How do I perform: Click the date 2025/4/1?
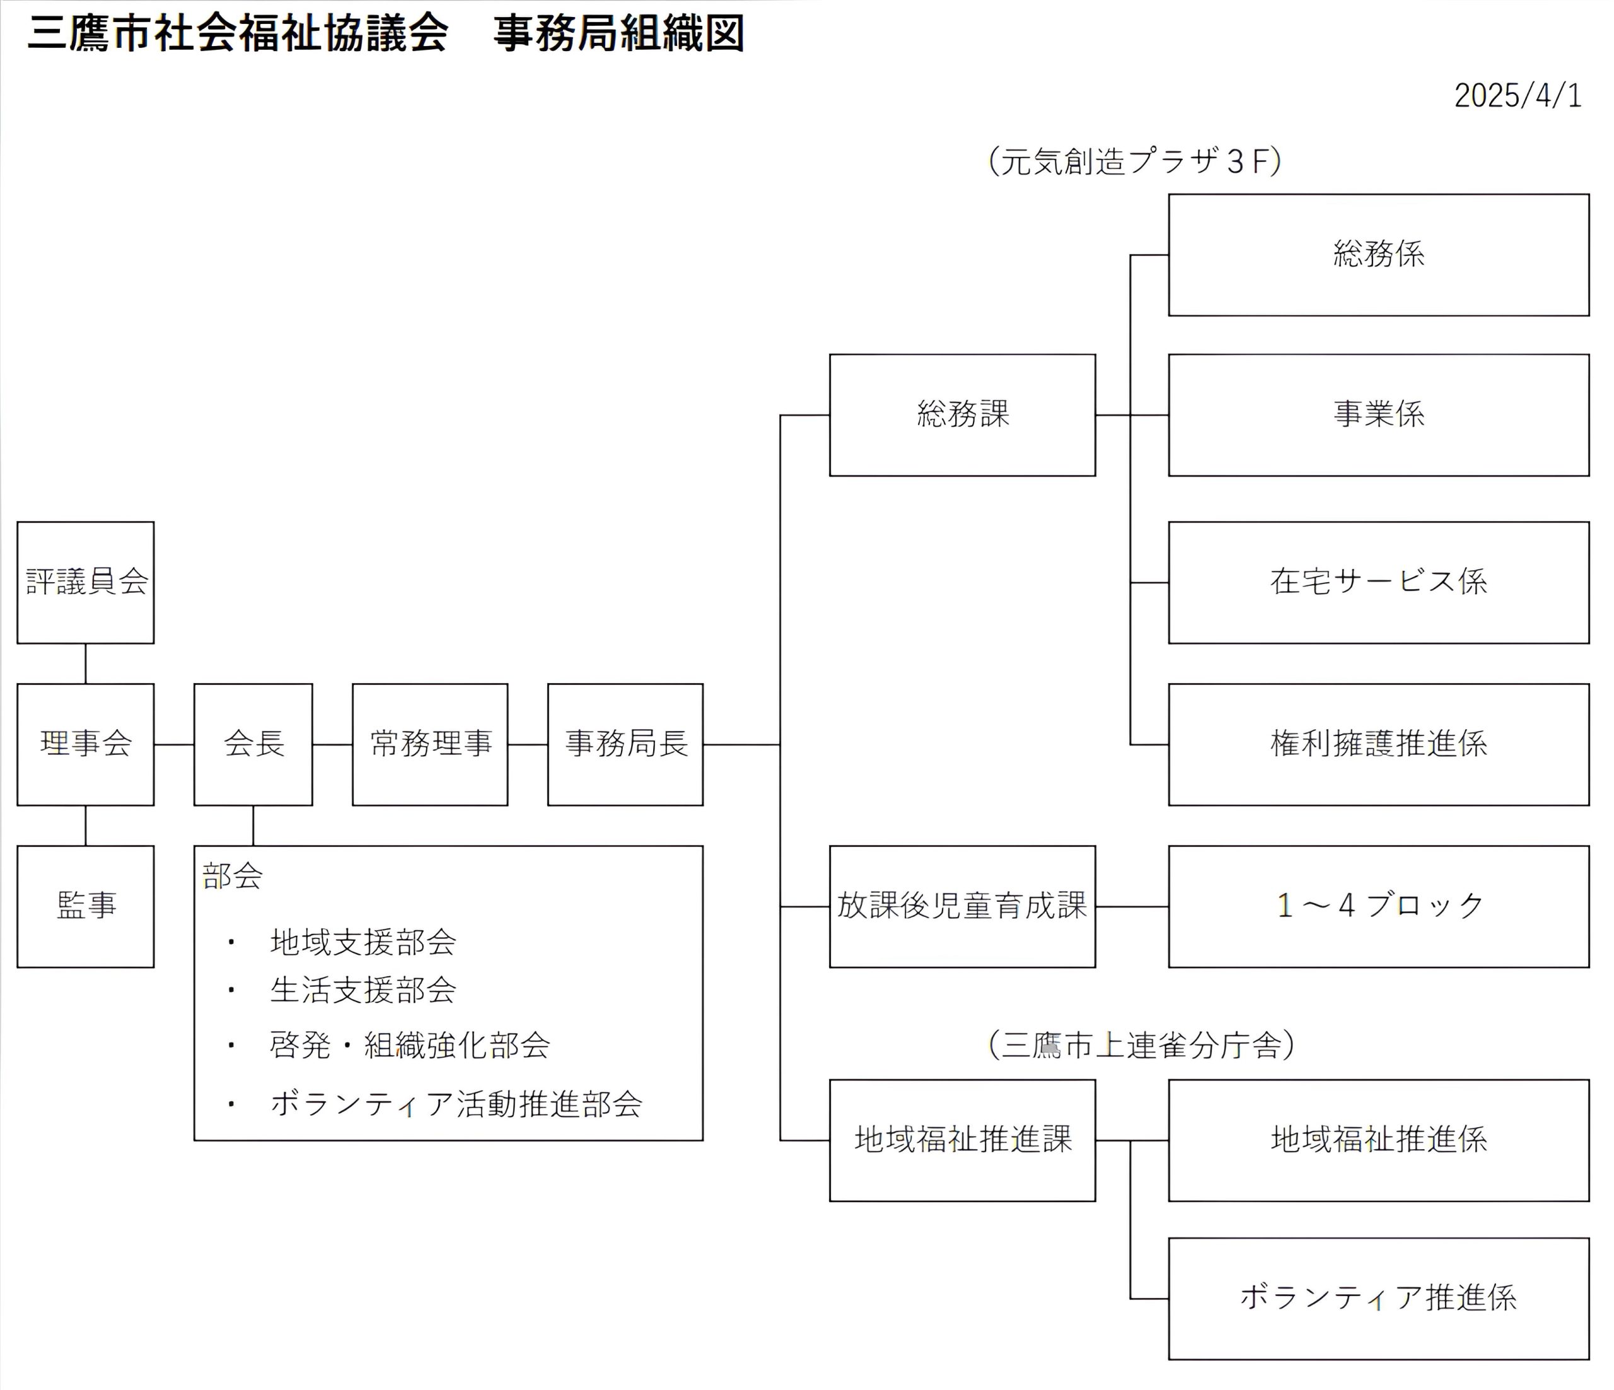coord(1518,96)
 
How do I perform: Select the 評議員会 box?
coord(86,582)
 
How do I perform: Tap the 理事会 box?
coord(86,744)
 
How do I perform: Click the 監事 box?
coord(86,907)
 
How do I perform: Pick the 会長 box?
coord(253,744)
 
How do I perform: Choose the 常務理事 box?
coord(430,744)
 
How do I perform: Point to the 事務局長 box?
coord(625,744)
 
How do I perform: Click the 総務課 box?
coord(962,415)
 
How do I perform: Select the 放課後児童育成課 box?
coord(962,907)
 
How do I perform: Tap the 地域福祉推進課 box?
coord(962,1140)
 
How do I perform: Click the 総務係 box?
coord(1379,255)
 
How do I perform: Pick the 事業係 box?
coord(1379,415)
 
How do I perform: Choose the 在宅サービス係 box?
coord(1379,582)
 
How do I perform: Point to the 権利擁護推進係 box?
coord(1379,744)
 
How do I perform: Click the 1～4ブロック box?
coord(1379,907)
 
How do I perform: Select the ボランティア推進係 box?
coord(1379,1299)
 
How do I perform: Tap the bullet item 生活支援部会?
coord(363,991)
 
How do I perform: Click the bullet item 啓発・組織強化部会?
coord(410,1046)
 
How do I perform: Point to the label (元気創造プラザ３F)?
coord(1135,162)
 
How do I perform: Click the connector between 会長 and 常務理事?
coord(333,744)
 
